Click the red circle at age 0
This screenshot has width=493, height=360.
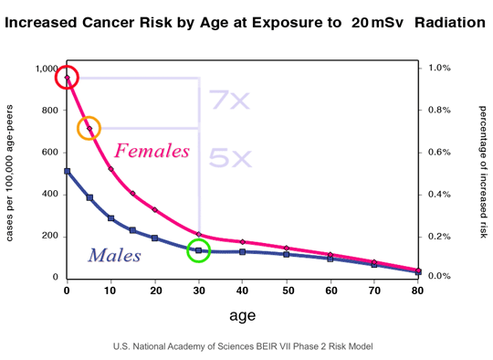coord(67,78)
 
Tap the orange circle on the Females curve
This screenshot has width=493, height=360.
coord(89,128)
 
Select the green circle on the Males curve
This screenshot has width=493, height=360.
coord(199,249)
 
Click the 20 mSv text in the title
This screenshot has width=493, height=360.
coord(379,20)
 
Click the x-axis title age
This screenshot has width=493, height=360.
coord(241,315)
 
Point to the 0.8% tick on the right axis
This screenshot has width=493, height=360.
coord(439,111)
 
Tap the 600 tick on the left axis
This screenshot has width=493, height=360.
coord(48,153)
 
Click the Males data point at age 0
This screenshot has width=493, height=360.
coord(67,171)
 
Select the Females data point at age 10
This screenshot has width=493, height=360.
coord(110,169)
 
